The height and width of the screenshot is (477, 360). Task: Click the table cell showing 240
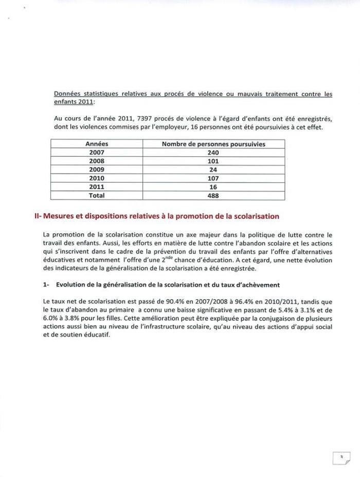point(213,153)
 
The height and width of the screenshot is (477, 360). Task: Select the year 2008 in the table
point(97,161)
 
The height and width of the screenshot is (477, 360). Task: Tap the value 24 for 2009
point(213,170)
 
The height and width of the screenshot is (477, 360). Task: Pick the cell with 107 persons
point(213,178)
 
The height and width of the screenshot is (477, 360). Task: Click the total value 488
point(213,195)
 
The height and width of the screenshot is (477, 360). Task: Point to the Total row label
point(97,195)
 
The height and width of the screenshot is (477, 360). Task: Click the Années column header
point(97,144)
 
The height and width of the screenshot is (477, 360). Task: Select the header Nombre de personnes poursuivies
point(213,144)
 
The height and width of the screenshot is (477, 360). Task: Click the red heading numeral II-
point(38,216)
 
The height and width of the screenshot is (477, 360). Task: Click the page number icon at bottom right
point(340,456)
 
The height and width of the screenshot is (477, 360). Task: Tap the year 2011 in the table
point(97,187)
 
